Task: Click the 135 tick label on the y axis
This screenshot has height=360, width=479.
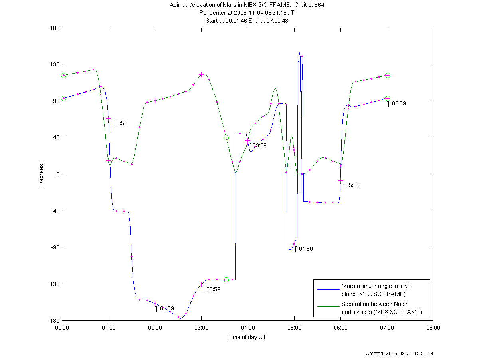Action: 54,64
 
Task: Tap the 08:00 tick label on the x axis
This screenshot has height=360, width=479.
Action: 433,328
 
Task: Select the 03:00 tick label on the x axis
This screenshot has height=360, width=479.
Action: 201,328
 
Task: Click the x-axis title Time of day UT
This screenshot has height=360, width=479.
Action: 247,337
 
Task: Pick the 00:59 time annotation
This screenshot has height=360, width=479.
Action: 120,123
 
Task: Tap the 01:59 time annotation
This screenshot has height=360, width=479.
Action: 167,308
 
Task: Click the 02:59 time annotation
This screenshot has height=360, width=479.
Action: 213,289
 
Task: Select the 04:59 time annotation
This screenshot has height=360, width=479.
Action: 306,249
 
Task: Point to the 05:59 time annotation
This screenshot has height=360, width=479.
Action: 352,185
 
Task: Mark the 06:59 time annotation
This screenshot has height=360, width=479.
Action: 399,103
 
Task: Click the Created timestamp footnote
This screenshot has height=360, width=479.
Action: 400,354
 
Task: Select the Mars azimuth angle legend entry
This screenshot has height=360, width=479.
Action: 373,290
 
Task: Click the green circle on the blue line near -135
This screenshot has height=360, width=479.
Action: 226,280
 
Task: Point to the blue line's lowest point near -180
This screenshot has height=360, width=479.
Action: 181,318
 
